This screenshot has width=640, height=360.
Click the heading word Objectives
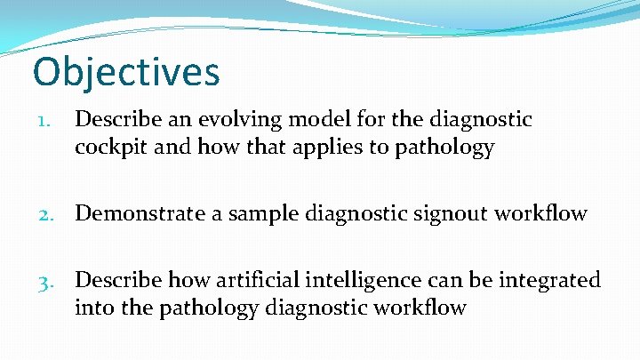(125, 73)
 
